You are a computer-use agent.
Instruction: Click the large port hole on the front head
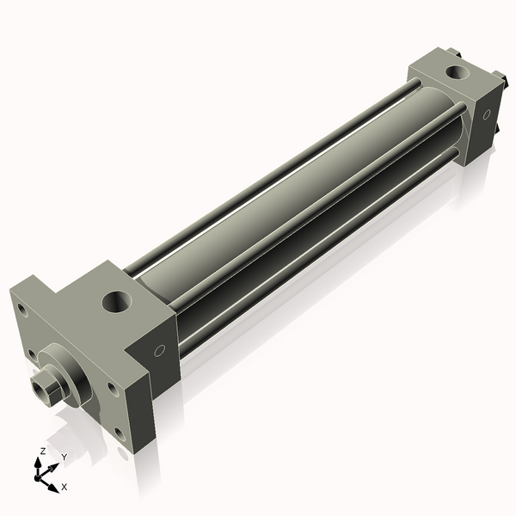tap(117, 302)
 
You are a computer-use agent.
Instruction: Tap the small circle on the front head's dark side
tap(160, 351)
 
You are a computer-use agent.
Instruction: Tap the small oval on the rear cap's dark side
tap(487, 114)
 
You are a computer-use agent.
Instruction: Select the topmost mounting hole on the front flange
tap(22, 310)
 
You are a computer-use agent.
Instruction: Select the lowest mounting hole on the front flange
tap(120, 433)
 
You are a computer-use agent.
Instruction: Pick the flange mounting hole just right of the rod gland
tap(113, 389)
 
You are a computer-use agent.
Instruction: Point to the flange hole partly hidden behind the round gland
tap(33, 354)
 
